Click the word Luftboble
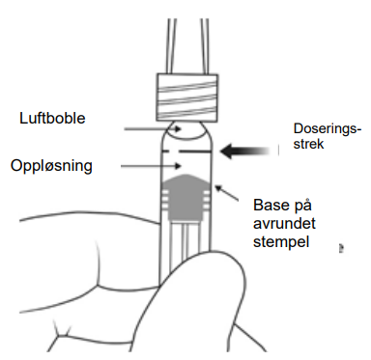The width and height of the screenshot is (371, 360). [52, 118]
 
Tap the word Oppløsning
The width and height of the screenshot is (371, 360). [51, 166]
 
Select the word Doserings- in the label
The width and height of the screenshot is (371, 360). [328, 128]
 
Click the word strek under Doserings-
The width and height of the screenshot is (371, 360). [308, 144]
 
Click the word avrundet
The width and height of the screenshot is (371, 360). [284, 223]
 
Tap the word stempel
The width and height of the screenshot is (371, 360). [281, 242]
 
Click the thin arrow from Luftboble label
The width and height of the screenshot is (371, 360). [153, 129]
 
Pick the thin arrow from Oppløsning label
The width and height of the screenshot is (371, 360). [151, 166]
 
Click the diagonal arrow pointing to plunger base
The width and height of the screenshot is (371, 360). [227, 193]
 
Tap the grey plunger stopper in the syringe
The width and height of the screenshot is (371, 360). [186, 197]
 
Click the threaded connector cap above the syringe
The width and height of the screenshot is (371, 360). [187, 97]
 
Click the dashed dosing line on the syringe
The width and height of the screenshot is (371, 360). [186, 151]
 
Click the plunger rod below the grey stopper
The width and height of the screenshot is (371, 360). [185, 239]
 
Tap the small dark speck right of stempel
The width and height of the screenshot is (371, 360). [341, 248]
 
